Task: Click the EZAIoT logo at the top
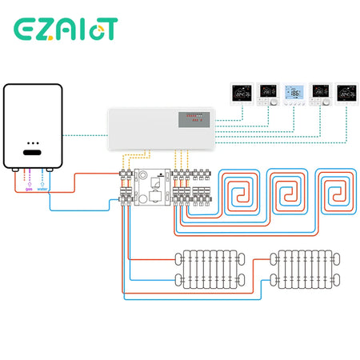(66, 29)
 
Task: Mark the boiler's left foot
(14, 171)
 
